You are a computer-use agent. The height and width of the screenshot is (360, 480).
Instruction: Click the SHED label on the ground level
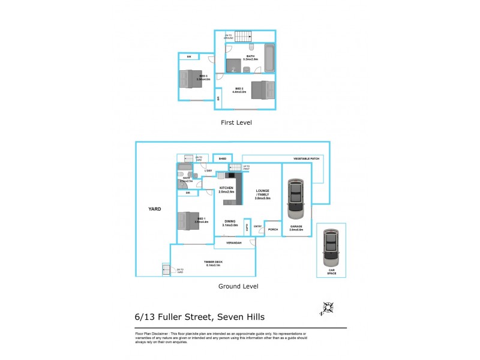223,159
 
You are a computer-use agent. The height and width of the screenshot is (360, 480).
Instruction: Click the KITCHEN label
226,189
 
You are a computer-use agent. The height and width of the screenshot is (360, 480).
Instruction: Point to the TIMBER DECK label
212,262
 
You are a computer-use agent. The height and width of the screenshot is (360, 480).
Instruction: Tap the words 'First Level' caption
236,122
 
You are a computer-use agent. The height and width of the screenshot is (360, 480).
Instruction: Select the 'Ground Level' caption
238,287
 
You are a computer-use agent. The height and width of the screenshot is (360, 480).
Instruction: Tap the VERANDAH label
233,242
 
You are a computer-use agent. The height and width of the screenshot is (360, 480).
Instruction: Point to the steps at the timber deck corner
166,270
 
